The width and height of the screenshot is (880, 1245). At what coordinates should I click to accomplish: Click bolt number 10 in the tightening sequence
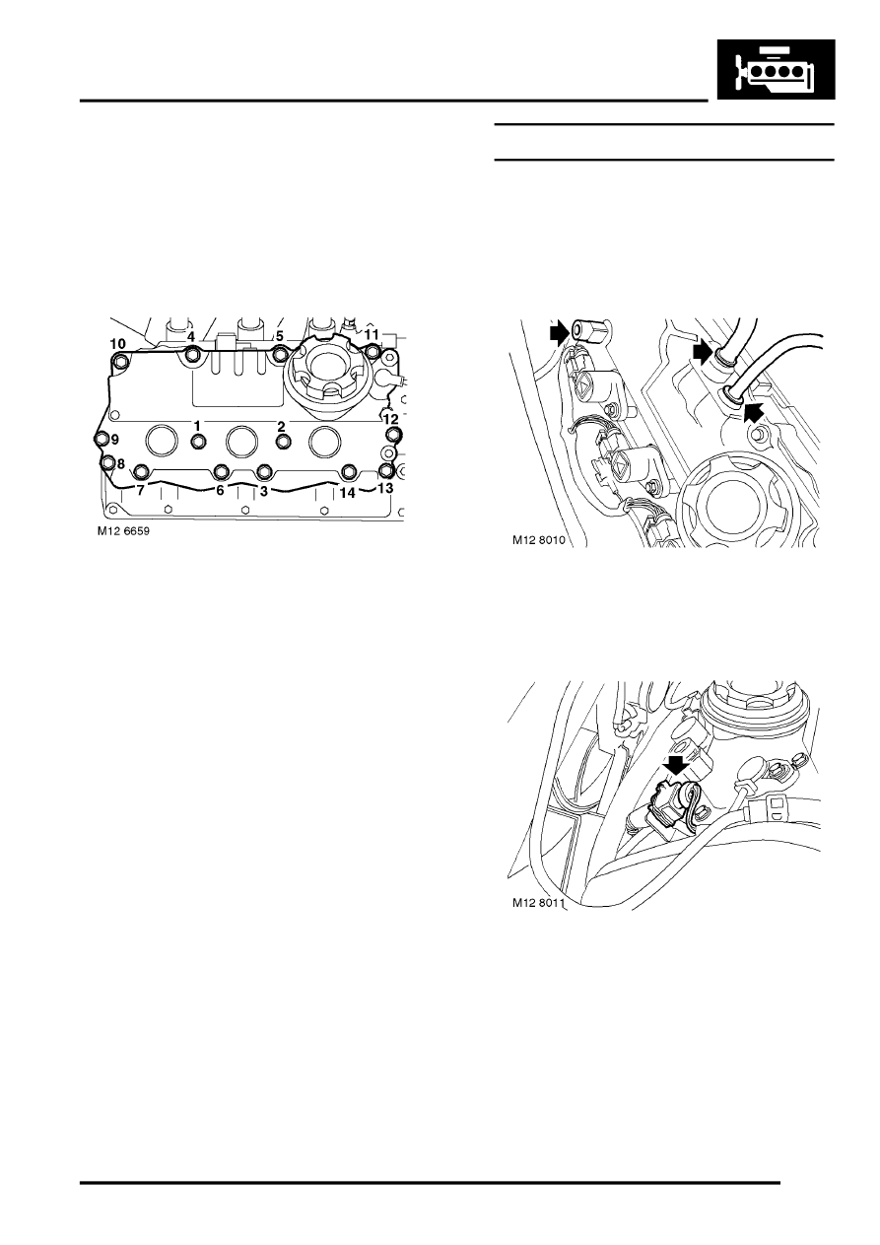pos(117,343)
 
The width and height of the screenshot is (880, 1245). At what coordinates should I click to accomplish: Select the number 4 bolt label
pos(191,336)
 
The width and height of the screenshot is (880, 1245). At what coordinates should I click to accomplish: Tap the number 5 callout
pos(280,336)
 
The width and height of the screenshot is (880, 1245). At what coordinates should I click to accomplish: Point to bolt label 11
pos(372,335)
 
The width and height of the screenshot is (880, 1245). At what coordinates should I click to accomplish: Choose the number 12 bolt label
pos(390,418)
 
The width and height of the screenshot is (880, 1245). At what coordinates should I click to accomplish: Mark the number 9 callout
pos(113,439)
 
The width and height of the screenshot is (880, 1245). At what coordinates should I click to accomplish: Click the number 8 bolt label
pos(120,463)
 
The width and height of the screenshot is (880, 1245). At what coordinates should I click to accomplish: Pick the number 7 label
pos(140,489)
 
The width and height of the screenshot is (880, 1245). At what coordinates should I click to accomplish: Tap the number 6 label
pos(221,489)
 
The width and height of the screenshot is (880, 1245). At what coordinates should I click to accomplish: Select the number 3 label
pos(263,489)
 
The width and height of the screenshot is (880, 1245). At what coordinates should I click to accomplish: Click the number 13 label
pos(385,488)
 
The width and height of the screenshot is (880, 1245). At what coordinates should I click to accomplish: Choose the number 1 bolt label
pos(197,425)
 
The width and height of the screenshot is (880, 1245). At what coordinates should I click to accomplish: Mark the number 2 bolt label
pos(281,425)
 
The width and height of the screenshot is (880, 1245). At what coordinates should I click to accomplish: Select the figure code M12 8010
pos(541,540)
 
